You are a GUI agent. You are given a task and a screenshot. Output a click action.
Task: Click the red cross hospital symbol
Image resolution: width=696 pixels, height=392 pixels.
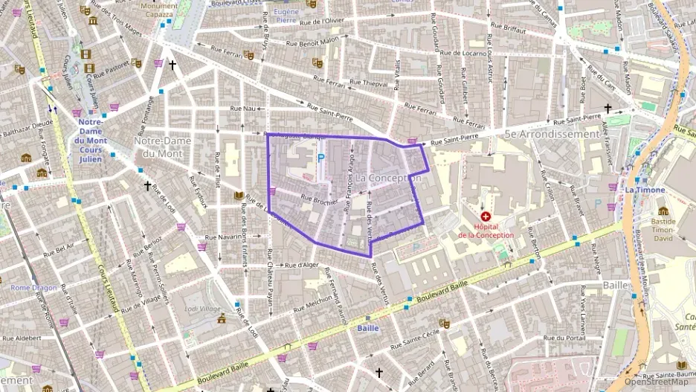point(486,215)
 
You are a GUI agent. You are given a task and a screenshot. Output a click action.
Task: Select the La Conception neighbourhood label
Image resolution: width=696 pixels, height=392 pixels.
point(388,179)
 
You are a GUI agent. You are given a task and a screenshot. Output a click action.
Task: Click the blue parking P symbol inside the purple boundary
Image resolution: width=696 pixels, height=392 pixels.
point(321,158)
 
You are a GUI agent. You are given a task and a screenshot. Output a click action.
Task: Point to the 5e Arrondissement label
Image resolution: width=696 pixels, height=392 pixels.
point(551,135)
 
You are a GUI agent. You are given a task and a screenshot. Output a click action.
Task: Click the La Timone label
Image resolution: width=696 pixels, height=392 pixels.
point(644,190)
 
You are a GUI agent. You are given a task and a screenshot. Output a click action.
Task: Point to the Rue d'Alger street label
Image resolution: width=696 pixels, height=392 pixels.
point(301,264)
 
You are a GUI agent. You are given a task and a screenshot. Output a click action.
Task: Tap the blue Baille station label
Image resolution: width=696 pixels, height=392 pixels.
point(367,328)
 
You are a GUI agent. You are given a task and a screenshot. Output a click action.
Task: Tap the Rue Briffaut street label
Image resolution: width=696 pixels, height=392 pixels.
point(509,31)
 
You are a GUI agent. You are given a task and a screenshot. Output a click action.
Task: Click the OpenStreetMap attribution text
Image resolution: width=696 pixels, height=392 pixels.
point(657,382)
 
